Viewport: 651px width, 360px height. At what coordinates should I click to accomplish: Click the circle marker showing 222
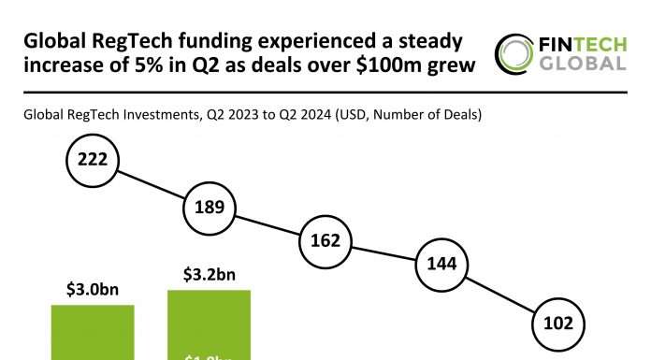[x=92, y=161]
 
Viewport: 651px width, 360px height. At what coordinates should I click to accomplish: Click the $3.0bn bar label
[x=91, y=289]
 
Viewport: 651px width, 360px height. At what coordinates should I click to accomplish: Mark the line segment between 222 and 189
[x=151, y=184]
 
